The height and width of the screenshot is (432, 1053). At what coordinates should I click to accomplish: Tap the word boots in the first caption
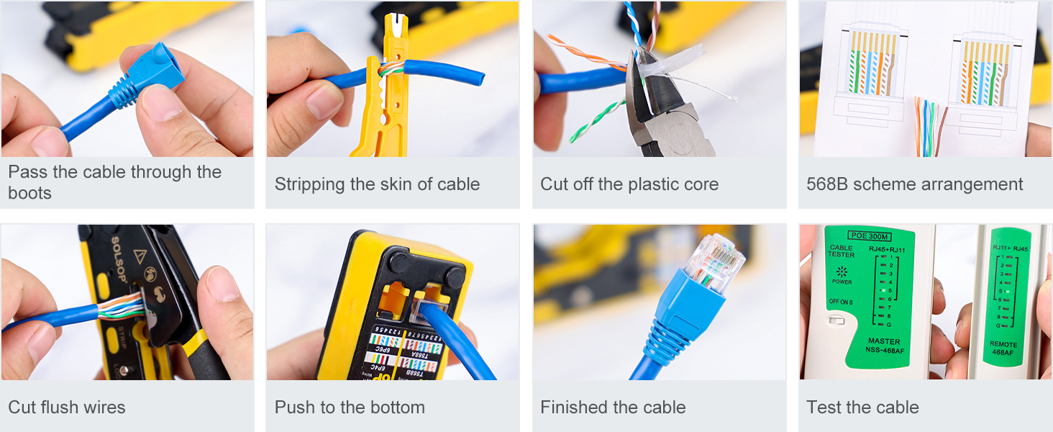click(29, 193)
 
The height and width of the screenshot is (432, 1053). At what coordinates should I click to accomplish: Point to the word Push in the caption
click(293, 408)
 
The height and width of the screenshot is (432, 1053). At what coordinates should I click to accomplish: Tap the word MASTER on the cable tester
click(883, 341)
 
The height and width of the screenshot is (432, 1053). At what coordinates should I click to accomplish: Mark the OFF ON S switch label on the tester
click(841, 302)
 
